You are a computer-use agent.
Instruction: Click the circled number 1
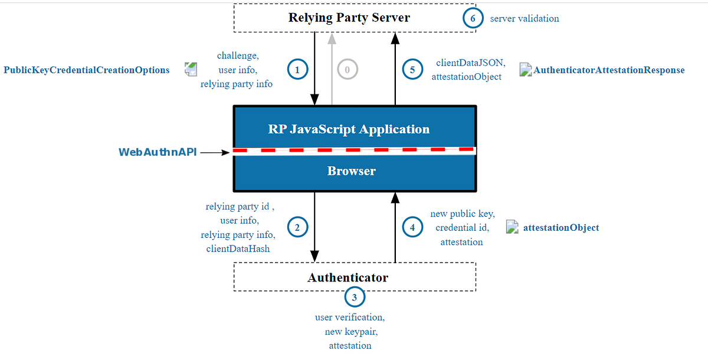click(x=297, y=70)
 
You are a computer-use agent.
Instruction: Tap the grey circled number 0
click(x=348, y=70)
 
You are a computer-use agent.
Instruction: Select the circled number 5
click(x=412, y=70)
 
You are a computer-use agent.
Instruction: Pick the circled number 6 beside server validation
click(x=473, y=18)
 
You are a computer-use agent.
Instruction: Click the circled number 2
click(x=297, y=227)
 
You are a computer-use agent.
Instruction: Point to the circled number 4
click(x=412, y=227)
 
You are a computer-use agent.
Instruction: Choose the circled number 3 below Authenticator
click(x=354, y=297)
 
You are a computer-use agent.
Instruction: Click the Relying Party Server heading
click(x=349, y=18)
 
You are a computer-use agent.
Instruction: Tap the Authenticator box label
click(x=348, y=277)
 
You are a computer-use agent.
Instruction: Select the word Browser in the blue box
click(x=352, y=171)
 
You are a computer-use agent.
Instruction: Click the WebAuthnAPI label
click(x=158, y=152)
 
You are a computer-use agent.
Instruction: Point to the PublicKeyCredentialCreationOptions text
click(x=87, y=70)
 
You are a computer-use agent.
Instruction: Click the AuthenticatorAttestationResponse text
click(x=609, y=70)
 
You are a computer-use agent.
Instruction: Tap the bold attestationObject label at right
click(x=561, y=228)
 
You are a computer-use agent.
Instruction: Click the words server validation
click(x=525, y=18)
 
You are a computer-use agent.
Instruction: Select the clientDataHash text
click(x=238, y=248)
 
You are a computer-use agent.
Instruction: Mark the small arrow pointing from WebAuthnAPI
click(x=216, y=152)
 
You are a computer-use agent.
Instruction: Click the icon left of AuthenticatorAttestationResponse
click(x=526, y=70)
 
